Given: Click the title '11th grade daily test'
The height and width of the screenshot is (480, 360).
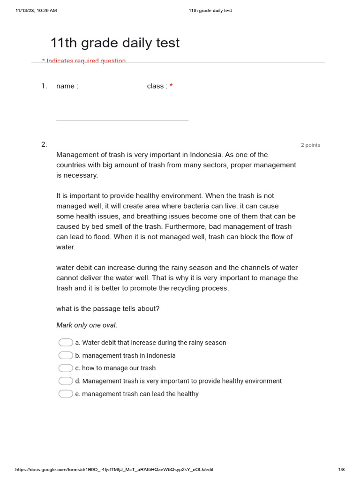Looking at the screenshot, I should (x=115, y=43).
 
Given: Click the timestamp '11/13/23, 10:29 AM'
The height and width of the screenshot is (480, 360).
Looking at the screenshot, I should (x=36, y=11).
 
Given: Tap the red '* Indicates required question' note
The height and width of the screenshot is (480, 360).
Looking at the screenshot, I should (x=84, y=60).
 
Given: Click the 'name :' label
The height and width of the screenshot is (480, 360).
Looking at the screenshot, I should (x=67, y=86).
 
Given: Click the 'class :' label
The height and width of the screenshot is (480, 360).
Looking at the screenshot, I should (x=157, y=86).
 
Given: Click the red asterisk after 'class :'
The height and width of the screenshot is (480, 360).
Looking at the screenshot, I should (x=171, y=86).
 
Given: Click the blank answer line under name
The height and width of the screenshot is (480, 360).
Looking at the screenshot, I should (x=122, y=120).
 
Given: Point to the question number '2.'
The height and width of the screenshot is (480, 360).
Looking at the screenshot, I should (x=44, y=144).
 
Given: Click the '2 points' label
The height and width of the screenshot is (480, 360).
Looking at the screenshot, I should (x=310, y=145).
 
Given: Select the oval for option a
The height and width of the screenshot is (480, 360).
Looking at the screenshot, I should (x=66, y=343).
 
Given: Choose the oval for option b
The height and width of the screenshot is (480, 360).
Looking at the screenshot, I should (x=66, y=355).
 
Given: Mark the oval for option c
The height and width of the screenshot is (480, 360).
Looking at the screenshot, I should (x=66, y=368).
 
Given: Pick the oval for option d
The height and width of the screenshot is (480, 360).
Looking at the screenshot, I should (x=66, y=381).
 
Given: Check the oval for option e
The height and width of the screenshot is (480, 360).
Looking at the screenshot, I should (x=66, y=394).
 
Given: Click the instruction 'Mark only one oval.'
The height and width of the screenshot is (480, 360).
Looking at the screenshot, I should (x=87, y=325).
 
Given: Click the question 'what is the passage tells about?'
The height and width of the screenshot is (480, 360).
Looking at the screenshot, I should (x=108, y=308).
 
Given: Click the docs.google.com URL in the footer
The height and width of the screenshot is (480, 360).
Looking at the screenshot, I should (x=114, y=469).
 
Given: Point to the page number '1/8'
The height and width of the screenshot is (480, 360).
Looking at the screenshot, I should (x=341, y=469).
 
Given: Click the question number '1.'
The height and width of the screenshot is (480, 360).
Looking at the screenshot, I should (x=44, y=86).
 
